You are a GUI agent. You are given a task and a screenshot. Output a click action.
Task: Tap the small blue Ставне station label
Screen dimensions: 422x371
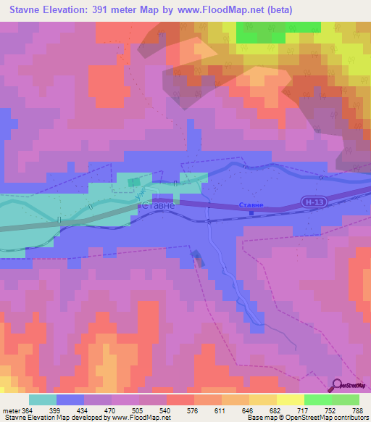click(251, 205)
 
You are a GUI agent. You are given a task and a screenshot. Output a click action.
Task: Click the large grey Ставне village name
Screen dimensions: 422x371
click(156, 206)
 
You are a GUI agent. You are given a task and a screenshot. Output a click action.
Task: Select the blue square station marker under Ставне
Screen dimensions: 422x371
click(251, 213)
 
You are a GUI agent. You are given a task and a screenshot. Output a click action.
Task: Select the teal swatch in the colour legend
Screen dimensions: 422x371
click(42, 400)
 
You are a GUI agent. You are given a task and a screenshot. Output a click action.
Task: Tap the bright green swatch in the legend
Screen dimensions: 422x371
click(317, 400)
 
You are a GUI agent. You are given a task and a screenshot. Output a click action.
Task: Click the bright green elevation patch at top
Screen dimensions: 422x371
click(278, 33)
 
